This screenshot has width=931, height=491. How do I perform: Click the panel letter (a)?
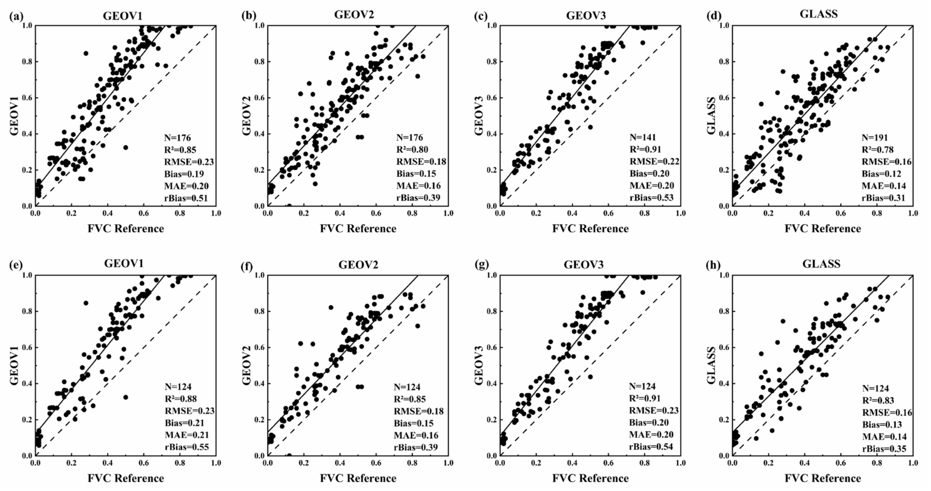[x=16, y=16]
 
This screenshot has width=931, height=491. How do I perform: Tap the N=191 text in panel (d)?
[x=875, y=137]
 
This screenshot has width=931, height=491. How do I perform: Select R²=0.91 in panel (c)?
[x=645, y=149]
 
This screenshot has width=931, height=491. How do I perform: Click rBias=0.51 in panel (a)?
[x=186, y=198]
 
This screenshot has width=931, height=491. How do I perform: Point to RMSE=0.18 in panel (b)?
[x=421, y=162]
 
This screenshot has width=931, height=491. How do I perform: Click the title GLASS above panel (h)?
[x=821, y=264]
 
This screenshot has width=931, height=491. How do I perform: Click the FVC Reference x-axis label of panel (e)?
[x=126, y=478]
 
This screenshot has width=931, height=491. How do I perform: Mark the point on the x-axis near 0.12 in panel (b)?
[x=289, y=205]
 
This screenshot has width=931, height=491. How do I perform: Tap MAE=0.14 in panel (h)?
[x=884, y=436]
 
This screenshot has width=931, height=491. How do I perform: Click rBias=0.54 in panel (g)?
[x=651, y=447]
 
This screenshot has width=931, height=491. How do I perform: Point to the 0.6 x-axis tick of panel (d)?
[x=841, y=213]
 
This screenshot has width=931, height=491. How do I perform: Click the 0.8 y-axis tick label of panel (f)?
[x=259, y=311]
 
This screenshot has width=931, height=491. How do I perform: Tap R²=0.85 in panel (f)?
[x=409, y=399]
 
